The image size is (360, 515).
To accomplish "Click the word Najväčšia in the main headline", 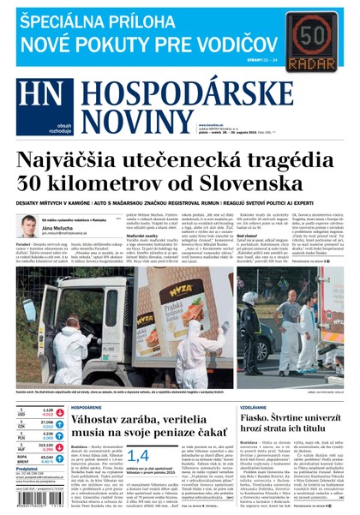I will pos(82,161).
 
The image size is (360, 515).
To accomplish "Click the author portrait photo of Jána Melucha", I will pos(30,226).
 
